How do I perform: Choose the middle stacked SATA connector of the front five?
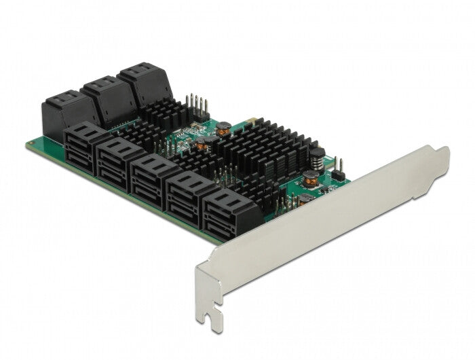155,176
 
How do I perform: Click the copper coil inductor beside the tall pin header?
222,127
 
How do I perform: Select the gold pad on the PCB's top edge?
253,124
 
